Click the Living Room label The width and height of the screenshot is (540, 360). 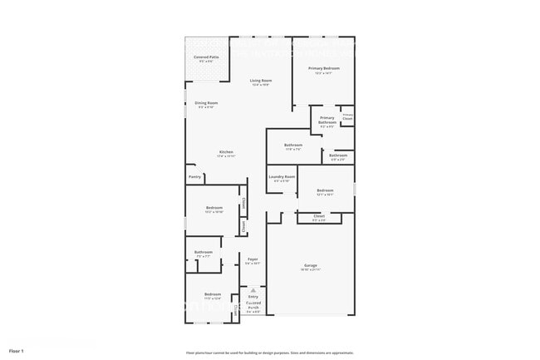(262, 81)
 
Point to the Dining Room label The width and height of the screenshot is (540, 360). (206, 103)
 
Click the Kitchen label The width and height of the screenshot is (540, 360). (226, 152)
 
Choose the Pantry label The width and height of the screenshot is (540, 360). (194, 176)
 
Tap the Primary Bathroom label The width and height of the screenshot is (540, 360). (327, 120)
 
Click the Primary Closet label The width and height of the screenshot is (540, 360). (347, 117)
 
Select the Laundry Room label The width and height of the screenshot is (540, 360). (282, 176)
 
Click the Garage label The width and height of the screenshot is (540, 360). (310, 266)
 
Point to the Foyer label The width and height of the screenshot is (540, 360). (253, 259)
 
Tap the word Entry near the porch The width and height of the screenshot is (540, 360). (253, 296)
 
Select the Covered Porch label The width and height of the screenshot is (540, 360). (253, 306)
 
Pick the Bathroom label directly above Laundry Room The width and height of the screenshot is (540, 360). (293, 145)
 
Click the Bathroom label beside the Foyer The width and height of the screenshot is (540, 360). (204, 252)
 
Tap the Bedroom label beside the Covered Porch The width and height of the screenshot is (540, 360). (213, 293)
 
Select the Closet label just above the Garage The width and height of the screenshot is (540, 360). (319, 216)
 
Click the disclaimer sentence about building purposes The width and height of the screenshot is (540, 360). (270, 353)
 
